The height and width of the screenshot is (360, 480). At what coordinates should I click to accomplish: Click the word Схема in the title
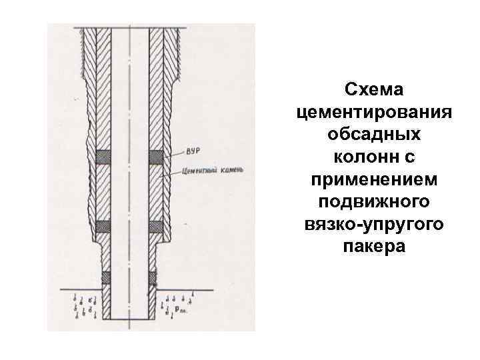coord(375,89)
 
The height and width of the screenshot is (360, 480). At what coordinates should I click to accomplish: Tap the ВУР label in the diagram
coord(194,150)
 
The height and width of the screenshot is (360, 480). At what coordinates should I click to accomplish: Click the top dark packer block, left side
coord(103,157)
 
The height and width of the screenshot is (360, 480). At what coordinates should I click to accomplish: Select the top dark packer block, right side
coord(155,157)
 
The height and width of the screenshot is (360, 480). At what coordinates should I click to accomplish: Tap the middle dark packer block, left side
coord(103,227)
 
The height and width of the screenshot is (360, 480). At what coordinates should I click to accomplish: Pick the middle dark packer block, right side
coord(155,227)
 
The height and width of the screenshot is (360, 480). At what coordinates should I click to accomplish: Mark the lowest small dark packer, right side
coord(153,276)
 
